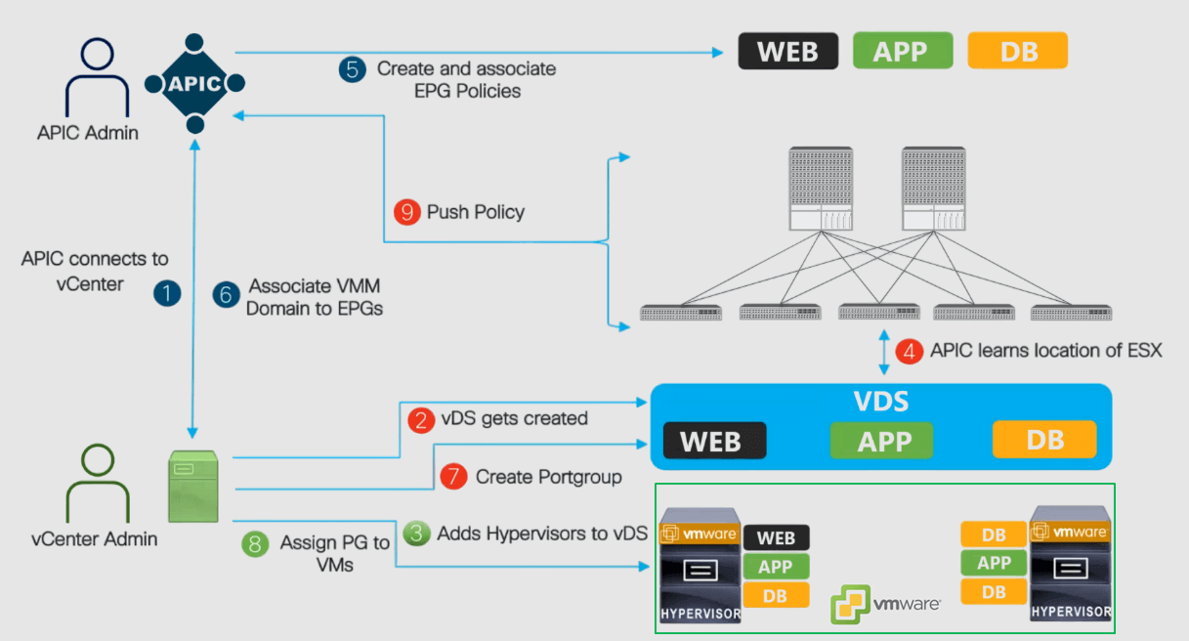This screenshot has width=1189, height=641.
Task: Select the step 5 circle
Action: tap(353, 69)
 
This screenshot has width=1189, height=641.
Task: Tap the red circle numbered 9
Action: tap(406, 211)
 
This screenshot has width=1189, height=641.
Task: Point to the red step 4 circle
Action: tap(911, 351)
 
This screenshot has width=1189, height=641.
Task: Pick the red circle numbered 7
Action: tap(453, 477)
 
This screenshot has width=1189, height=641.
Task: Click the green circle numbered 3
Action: tap(417, 534)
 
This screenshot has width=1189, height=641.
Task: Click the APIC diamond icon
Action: tap(194, 84)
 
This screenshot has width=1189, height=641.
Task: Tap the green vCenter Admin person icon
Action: tap(94, 484)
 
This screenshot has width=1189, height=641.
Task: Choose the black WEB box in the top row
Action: tap(787, 51)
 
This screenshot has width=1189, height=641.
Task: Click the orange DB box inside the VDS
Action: tap(1044, 440)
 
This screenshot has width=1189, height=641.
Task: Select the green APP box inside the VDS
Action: tap(881, 441)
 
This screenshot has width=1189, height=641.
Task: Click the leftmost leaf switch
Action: tap(680, 313)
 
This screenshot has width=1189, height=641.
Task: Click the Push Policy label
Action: tap(476, 212)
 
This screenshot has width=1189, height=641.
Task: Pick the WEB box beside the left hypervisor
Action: tap(776, 537)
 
